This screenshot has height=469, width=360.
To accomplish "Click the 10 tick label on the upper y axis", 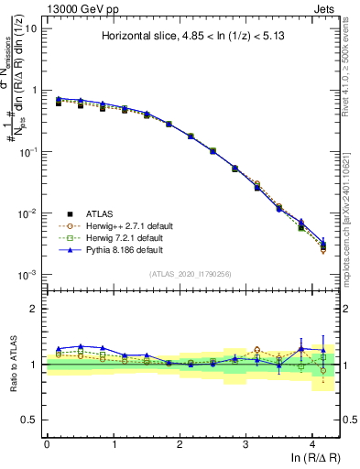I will [x=30, y=28].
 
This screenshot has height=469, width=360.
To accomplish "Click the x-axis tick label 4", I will [x=313, y=443].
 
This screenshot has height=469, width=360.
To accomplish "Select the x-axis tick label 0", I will [x=47, y=443].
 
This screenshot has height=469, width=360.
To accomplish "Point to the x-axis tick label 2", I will [x=180, y=443].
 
